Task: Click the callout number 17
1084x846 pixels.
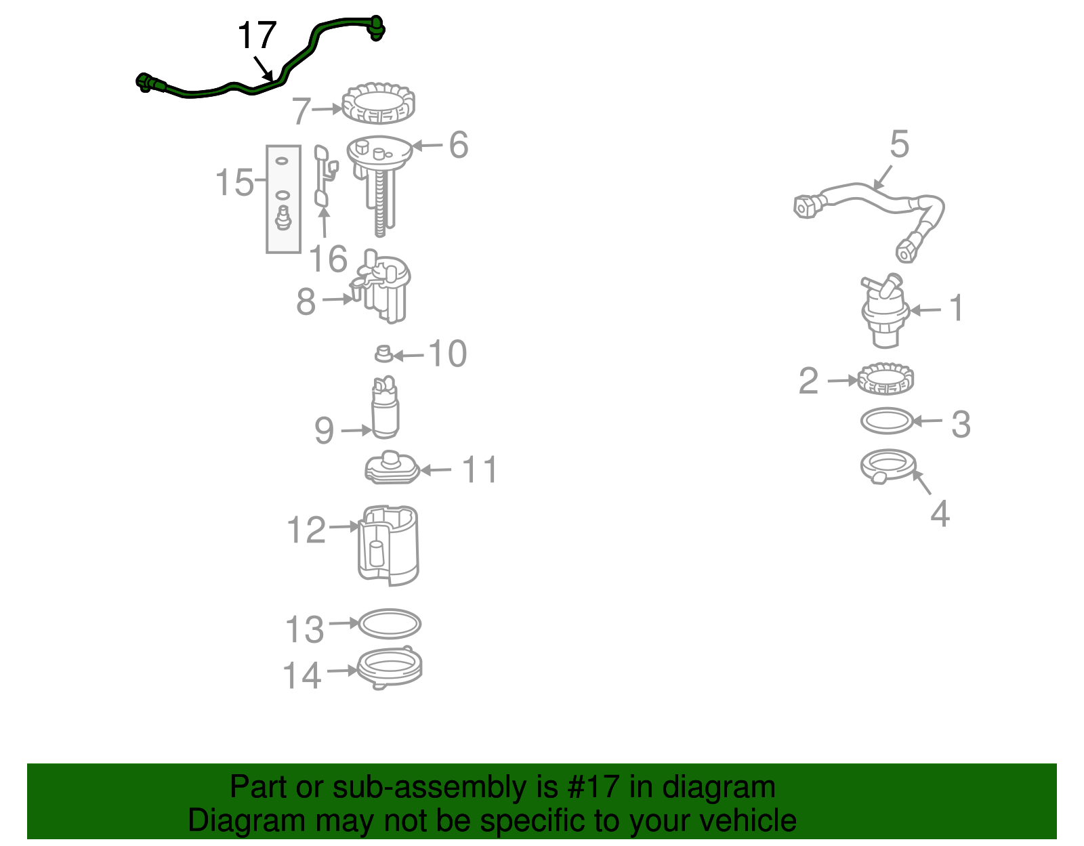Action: click(x=257, y=35)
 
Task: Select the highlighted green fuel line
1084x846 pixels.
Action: click(x=203, y=93)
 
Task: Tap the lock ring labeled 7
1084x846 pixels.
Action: click(x=378, y=104)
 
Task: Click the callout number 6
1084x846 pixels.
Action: click(x=459, y=145)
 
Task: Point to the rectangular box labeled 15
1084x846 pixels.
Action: click(x=283, y=199)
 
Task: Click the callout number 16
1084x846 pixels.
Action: click(x=328, y=259)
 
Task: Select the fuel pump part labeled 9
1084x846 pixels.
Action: click(x=385, y=409)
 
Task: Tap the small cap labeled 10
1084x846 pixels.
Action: click(x=384, y=353)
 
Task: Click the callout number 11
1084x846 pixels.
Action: click(x=480, y=469)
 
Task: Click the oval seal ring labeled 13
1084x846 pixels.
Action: click(x=389, y=623)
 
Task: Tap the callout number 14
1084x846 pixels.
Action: click(x=302, y=675)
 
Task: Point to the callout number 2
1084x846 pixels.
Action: click(x=808, y=381)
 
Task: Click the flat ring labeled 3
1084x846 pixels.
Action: click(x=887, y=421)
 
